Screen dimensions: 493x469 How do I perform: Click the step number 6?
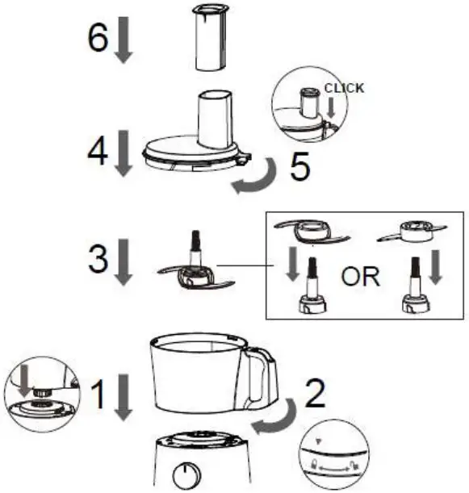coord(97,37)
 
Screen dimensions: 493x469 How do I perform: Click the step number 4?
coord(97,151)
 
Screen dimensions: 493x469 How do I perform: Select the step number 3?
coord(97,261)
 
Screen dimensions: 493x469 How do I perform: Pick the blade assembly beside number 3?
coord(195,271)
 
